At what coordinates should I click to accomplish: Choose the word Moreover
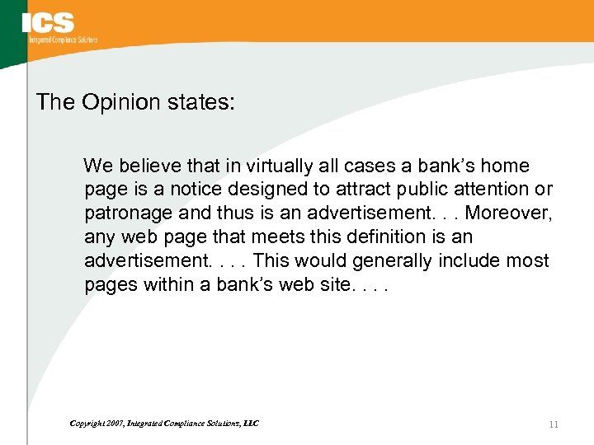click(509, 213)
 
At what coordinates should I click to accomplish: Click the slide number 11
click(553, 424)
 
